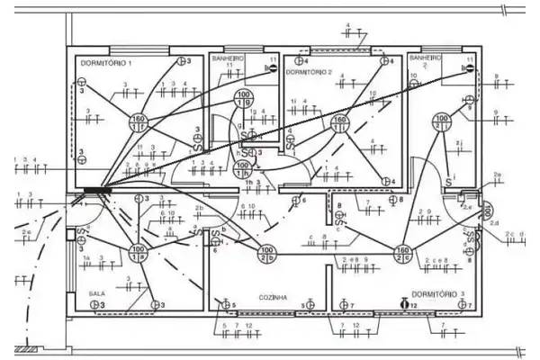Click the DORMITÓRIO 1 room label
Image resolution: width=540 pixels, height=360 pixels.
click(x=106, y=64)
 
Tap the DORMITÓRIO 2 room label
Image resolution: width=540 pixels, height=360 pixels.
click(x=310, y=71)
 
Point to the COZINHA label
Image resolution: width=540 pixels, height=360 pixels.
click(x=272, y=296)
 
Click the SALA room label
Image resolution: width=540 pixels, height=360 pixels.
click(x=97, y=294)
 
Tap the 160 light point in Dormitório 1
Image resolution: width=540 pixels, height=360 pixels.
click(x=139, y=122)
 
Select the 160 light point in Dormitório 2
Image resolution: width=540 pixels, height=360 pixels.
click(x=340, y=122)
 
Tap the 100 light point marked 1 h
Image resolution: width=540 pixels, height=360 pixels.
click(x=242, y=169)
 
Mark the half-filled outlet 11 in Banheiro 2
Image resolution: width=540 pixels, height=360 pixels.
click(x=467, y=67)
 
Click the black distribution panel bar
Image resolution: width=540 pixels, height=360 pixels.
click(x=92, y=189)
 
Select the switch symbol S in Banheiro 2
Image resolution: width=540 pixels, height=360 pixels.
click(x=447, y=183)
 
